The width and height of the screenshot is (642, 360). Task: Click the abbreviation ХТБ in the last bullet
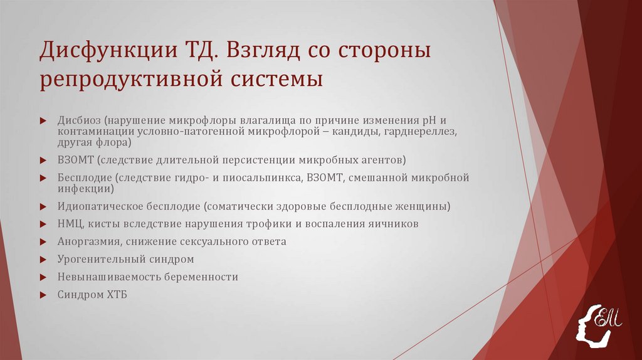click(116, 294)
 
